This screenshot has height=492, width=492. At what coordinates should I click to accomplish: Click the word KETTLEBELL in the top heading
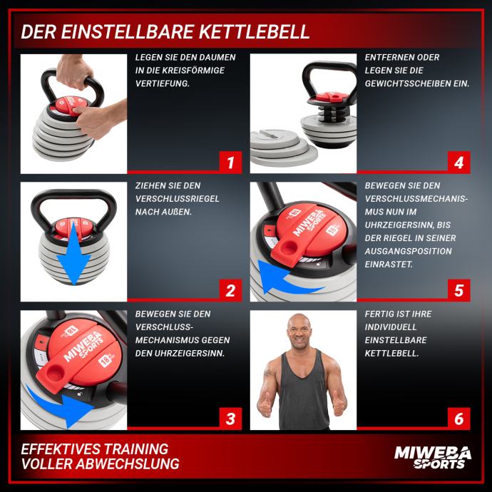tap(254, 31)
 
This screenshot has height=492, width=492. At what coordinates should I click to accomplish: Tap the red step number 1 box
tap(230, 163)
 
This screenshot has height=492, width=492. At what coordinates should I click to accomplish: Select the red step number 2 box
tap(230, 290)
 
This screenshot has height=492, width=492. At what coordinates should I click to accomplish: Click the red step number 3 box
tap(230, 419)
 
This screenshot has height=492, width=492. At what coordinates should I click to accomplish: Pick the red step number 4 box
tap(458, 163)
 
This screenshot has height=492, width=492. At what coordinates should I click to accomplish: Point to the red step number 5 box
tap(458, 290)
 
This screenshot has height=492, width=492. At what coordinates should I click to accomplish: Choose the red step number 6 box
tap(458, 419)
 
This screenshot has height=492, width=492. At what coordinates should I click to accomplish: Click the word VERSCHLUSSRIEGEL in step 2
tap(178, 199)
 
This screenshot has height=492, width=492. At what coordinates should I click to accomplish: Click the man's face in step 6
tap(299, 332)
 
